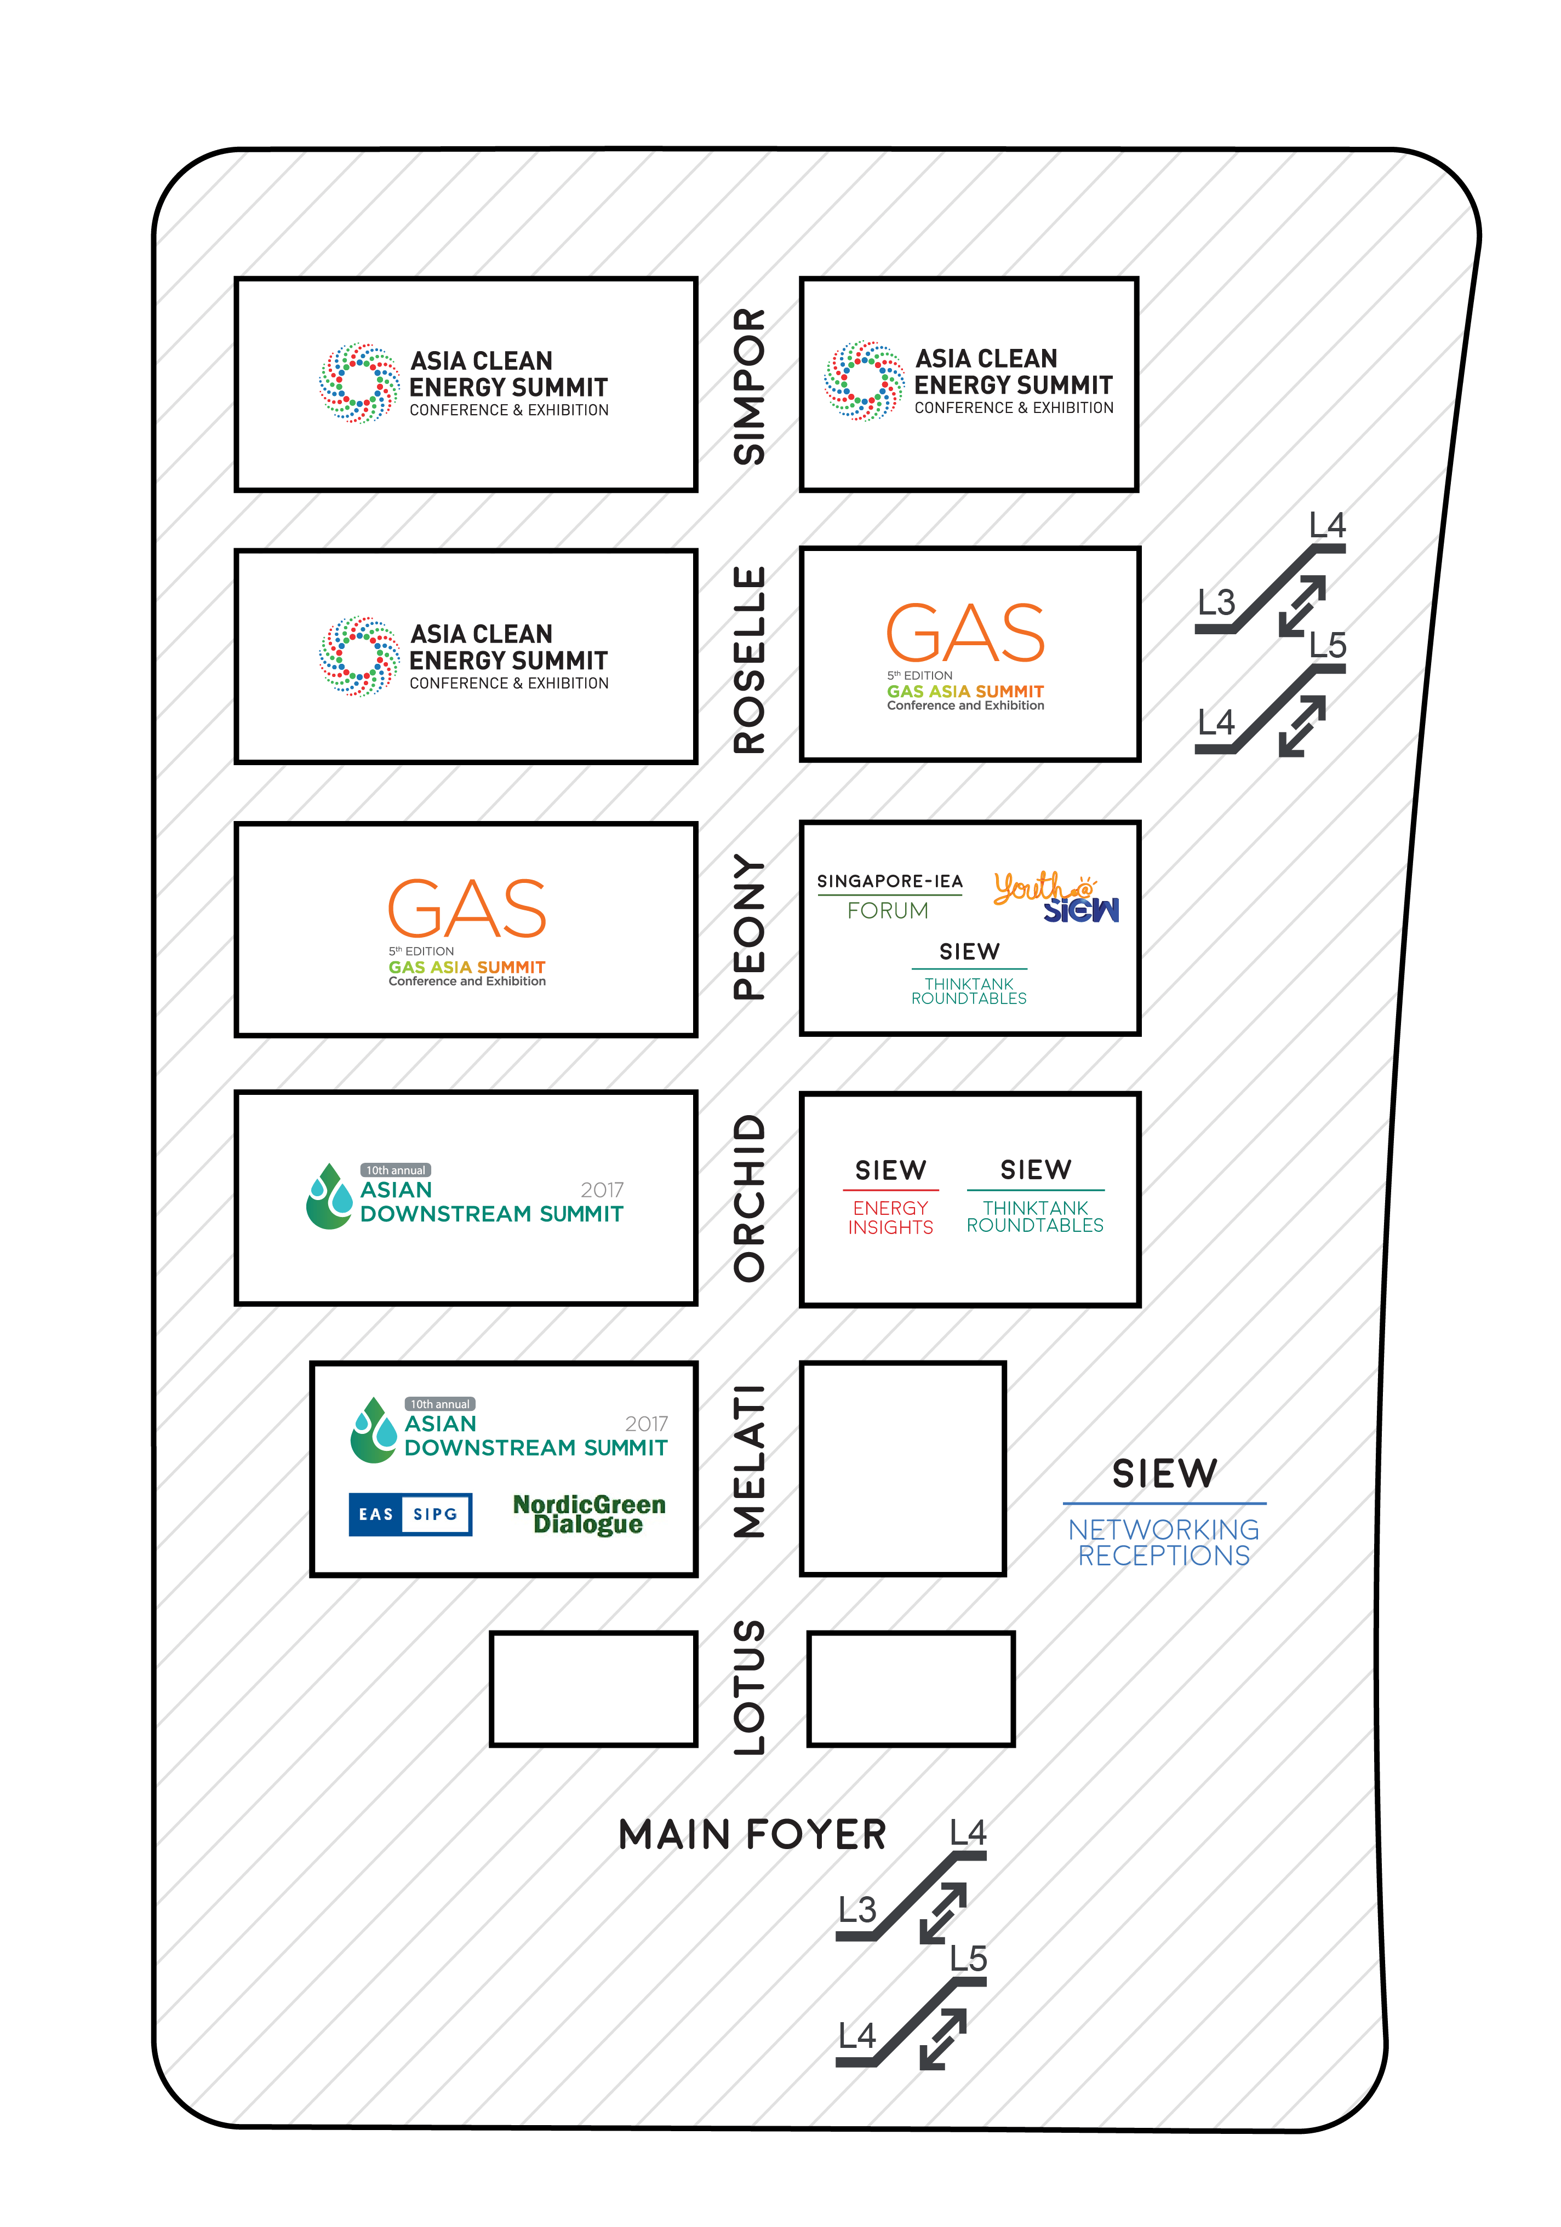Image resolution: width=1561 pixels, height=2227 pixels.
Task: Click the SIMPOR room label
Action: [749, 386]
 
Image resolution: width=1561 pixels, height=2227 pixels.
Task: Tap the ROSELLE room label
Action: [749, 659]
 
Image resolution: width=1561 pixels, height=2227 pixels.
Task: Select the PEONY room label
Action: [749, 927]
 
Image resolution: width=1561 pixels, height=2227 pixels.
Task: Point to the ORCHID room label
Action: [749, 1198]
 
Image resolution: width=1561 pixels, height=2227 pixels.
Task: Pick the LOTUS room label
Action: [749, 1688]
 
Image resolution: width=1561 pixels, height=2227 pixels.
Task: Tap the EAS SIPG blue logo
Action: [410, 1514]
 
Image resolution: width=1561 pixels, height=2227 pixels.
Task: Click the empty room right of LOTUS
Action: [911, 1689]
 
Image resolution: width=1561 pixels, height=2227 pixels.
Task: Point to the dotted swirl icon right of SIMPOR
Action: [864, 380]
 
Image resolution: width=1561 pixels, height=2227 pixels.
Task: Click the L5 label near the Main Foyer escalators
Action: [968, 1958]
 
